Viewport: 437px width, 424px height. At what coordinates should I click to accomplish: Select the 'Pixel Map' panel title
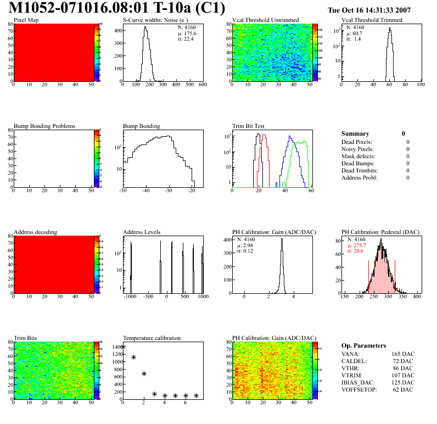[x=26, y=20]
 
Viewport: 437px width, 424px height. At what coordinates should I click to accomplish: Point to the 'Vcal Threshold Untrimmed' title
[x=265, y=20]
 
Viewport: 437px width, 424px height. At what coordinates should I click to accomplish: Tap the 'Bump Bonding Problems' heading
[x=44, y=126]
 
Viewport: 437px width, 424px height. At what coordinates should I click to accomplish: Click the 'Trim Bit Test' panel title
[x=248, y=126]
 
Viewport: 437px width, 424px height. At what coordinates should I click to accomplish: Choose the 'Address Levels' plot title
[x=142, y=232]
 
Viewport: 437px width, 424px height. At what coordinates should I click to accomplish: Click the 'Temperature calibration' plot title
[x=152, y=338]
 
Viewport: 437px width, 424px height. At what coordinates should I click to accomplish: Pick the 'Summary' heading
[x=355, y=133]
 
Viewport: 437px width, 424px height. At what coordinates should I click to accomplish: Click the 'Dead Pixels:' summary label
[x=358, y=142]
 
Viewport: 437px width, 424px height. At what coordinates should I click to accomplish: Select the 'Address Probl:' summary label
[x=360, y=177]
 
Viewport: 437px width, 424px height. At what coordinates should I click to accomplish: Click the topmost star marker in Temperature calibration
[x=123, y=347]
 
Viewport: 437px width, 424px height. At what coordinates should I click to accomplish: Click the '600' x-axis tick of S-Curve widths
[x=203, y=85]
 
